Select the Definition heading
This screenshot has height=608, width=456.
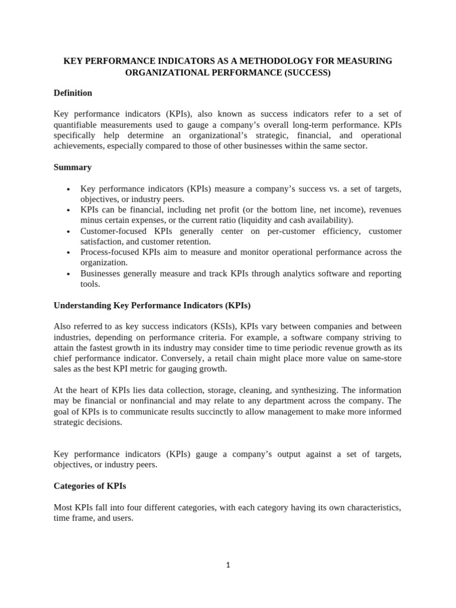click(72, 93)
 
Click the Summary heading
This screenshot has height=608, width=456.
click(72, 167)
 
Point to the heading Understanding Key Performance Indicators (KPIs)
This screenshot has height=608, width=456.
click(152, 305)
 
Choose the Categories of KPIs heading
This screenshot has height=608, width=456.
click(90, 486)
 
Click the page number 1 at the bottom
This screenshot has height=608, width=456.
click(227, 565)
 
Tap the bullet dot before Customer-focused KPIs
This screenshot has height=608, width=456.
click(68, 232)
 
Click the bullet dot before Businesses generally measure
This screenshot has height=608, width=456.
click(68, 274)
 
